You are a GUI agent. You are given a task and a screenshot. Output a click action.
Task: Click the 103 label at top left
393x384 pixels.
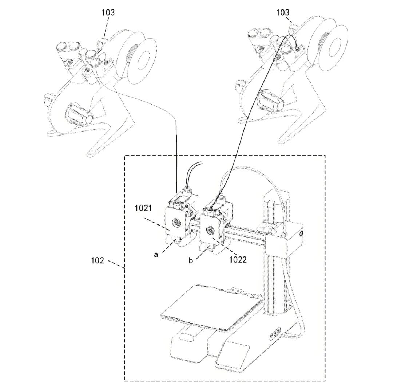108,12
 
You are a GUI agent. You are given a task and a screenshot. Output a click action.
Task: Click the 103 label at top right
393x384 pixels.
282,12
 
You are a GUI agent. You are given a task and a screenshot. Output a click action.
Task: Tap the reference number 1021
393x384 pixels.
143,208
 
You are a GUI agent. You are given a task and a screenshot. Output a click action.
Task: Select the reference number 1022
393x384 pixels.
238,259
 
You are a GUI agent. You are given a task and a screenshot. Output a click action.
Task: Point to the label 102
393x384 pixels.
97,260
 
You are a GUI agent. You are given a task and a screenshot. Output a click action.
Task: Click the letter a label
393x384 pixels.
156,255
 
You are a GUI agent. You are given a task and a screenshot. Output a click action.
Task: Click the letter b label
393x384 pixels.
191,260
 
